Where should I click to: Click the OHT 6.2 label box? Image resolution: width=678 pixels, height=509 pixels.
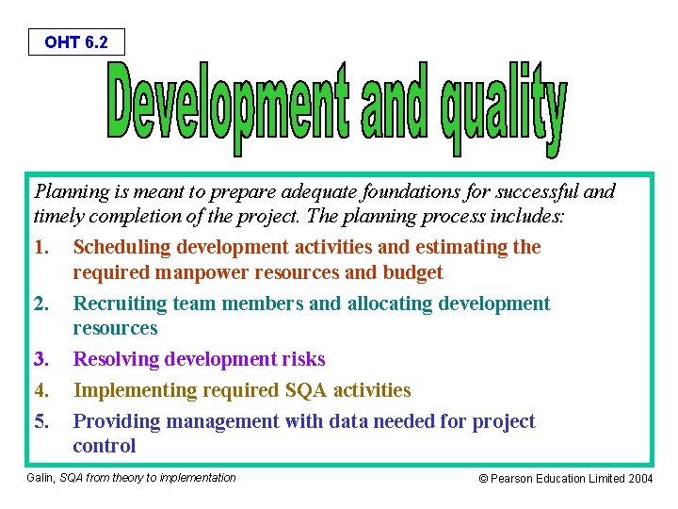tap(75, 41)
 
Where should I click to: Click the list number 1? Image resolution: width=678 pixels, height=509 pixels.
tap(40, 247)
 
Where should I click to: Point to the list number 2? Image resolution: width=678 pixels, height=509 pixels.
tap(40, 304)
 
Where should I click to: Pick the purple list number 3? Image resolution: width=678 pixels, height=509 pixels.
tap(40, 359)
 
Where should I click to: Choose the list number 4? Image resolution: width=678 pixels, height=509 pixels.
tap(40, 390)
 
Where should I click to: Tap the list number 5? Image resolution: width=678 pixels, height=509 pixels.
tap(40, 421)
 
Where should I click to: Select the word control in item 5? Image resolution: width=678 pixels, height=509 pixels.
tap(105, 446)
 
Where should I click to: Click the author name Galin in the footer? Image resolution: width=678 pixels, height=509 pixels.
tap(43, 478)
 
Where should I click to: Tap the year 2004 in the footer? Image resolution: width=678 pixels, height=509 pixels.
tap(638, 479)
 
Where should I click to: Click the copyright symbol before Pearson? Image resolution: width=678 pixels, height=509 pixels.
tap(484, 479)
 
